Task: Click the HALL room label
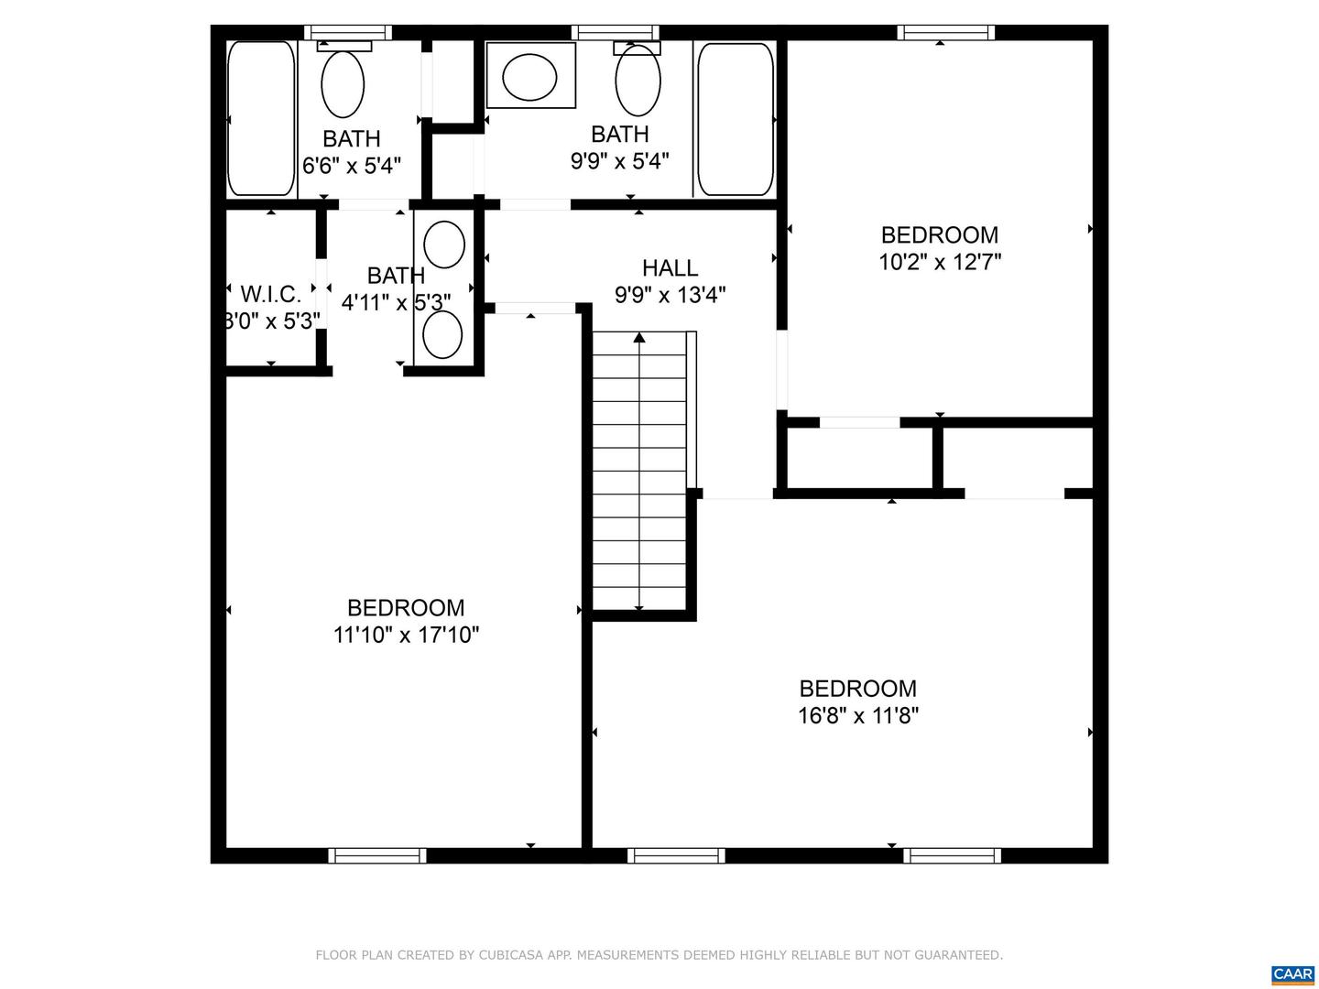click(670, 268)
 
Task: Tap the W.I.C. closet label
click(270, 295)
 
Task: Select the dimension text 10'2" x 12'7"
click(940, 263)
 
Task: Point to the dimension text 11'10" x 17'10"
click(406, 635)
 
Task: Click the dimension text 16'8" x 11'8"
click(858, 715)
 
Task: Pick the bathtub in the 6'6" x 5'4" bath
click(261, 118)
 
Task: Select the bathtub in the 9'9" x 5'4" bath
click(736, 119)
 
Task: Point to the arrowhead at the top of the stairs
click(639, 338)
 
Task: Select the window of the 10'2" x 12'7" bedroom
click(946, 33)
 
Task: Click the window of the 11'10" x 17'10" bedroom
click(377, 856)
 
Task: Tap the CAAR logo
click(1292, 974)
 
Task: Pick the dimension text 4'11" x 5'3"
click(396, 302)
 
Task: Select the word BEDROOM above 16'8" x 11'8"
click(858, 689)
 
